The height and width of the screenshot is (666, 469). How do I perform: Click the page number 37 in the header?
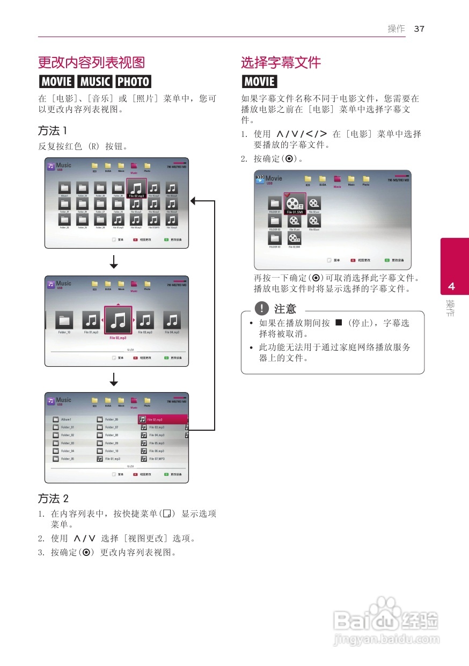tap(419, 29)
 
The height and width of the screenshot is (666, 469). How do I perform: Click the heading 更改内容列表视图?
tap(91, 63)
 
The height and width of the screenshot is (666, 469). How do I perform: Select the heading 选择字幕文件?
tap(281, 63)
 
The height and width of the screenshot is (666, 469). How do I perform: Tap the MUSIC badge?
tap(94, 82)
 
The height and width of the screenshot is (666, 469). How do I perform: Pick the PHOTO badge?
tap(134, 82)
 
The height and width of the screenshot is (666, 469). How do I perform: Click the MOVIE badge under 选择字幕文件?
tap(259, 82)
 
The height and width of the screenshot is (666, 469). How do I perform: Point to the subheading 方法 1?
tap(53, 131)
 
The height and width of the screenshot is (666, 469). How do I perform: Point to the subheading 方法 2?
tap(53, 498)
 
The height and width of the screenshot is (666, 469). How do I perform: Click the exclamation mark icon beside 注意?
tap(261, 308)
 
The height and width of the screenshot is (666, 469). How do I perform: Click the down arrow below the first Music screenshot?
tap(114, 262)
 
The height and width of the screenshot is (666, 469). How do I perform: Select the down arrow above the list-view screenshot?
tap(114, 379)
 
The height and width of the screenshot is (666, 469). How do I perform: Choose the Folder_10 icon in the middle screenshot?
tap(64, 321)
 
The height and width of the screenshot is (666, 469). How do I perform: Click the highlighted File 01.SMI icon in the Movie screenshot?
tap(295, 204)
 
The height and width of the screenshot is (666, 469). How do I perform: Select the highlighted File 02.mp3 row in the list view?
tap(163, 419)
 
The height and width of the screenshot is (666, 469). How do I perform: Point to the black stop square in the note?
tap(338, 323)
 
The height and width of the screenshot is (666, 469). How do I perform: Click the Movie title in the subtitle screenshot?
tap(273, 178)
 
